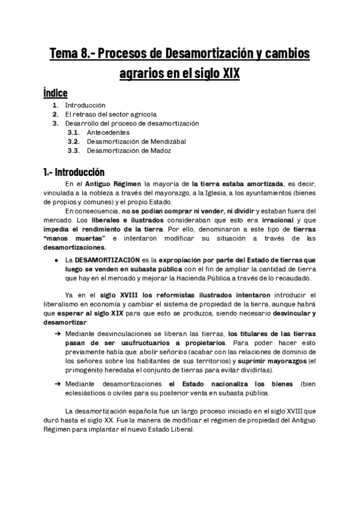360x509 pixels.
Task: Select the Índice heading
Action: [x=55, y=93]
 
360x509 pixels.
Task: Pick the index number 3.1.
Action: [x=74, y=132]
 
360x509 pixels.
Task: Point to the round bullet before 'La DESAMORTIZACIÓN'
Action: [x=56, y=260]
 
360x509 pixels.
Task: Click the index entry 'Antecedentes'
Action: [x=108, y=132]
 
